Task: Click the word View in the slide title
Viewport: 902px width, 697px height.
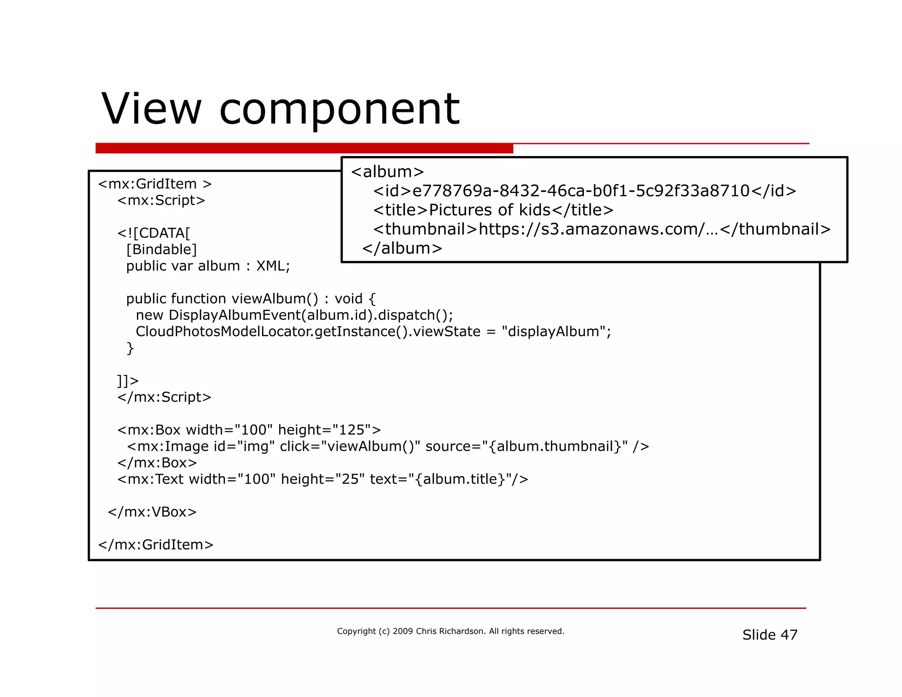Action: [x=151, y=108]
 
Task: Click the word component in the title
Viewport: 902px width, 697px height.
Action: [x=339, y=109]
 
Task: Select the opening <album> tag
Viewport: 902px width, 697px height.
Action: [x=387, y=172]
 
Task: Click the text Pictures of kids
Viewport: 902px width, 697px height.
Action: [x=489, y=210]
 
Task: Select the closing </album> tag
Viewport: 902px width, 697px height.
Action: [x=402, y=248]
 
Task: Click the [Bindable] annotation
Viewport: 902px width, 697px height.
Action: [x=161, y=249]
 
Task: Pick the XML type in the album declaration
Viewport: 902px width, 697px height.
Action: [x=273, y=266]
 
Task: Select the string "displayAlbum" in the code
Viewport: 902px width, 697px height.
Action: [x=554, y=331]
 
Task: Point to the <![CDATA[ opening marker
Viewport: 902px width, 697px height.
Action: [x=154, y=233]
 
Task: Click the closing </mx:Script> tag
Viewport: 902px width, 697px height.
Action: [x=164, y=397]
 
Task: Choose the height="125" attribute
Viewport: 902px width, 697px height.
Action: [x=325, y=430]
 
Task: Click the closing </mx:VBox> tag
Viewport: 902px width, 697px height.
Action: [x=152, y=512]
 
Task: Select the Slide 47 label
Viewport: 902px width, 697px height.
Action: [x=769, y=635]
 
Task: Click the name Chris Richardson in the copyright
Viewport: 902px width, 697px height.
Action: [x=450, y=631]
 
